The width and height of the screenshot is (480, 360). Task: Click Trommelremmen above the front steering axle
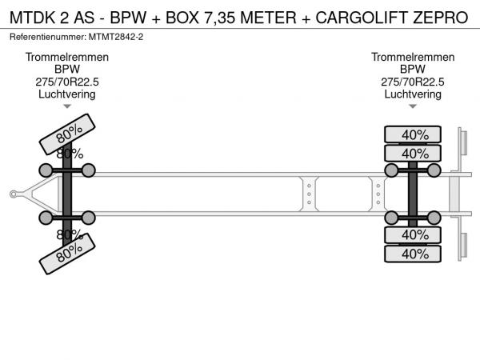[x=67, y=58]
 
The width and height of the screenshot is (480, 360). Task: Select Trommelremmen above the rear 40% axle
[x=413, y=58]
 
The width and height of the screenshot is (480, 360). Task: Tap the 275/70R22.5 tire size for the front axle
[x=67, y=82]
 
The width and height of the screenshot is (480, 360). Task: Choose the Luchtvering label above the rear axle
[x=413, y=94]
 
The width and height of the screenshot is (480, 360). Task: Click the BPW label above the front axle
[x=67, y=70]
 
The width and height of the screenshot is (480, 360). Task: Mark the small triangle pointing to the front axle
[x=67, y=106]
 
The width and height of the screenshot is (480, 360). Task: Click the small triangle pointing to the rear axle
[x=413, y=106]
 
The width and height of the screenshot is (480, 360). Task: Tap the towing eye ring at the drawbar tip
[x=14, y=193]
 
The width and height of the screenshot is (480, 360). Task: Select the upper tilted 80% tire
[x=68, y=134]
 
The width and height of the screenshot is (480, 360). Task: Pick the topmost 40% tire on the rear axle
[x=413, y=134]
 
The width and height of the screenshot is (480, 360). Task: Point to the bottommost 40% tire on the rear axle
[x=413, y=254]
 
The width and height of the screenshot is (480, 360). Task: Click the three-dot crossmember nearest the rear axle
[x=378, y=193]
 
